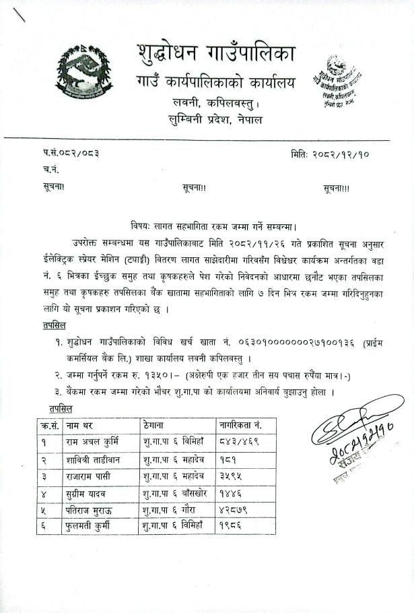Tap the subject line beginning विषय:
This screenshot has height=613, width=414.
[214, 226]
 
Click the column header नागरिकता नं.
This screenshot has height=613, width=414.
[240, 426]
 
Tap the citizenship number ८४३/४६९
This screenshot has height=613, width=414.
[239, 443]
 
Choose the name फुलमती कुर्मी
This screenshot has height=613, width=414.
[88, 525]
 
